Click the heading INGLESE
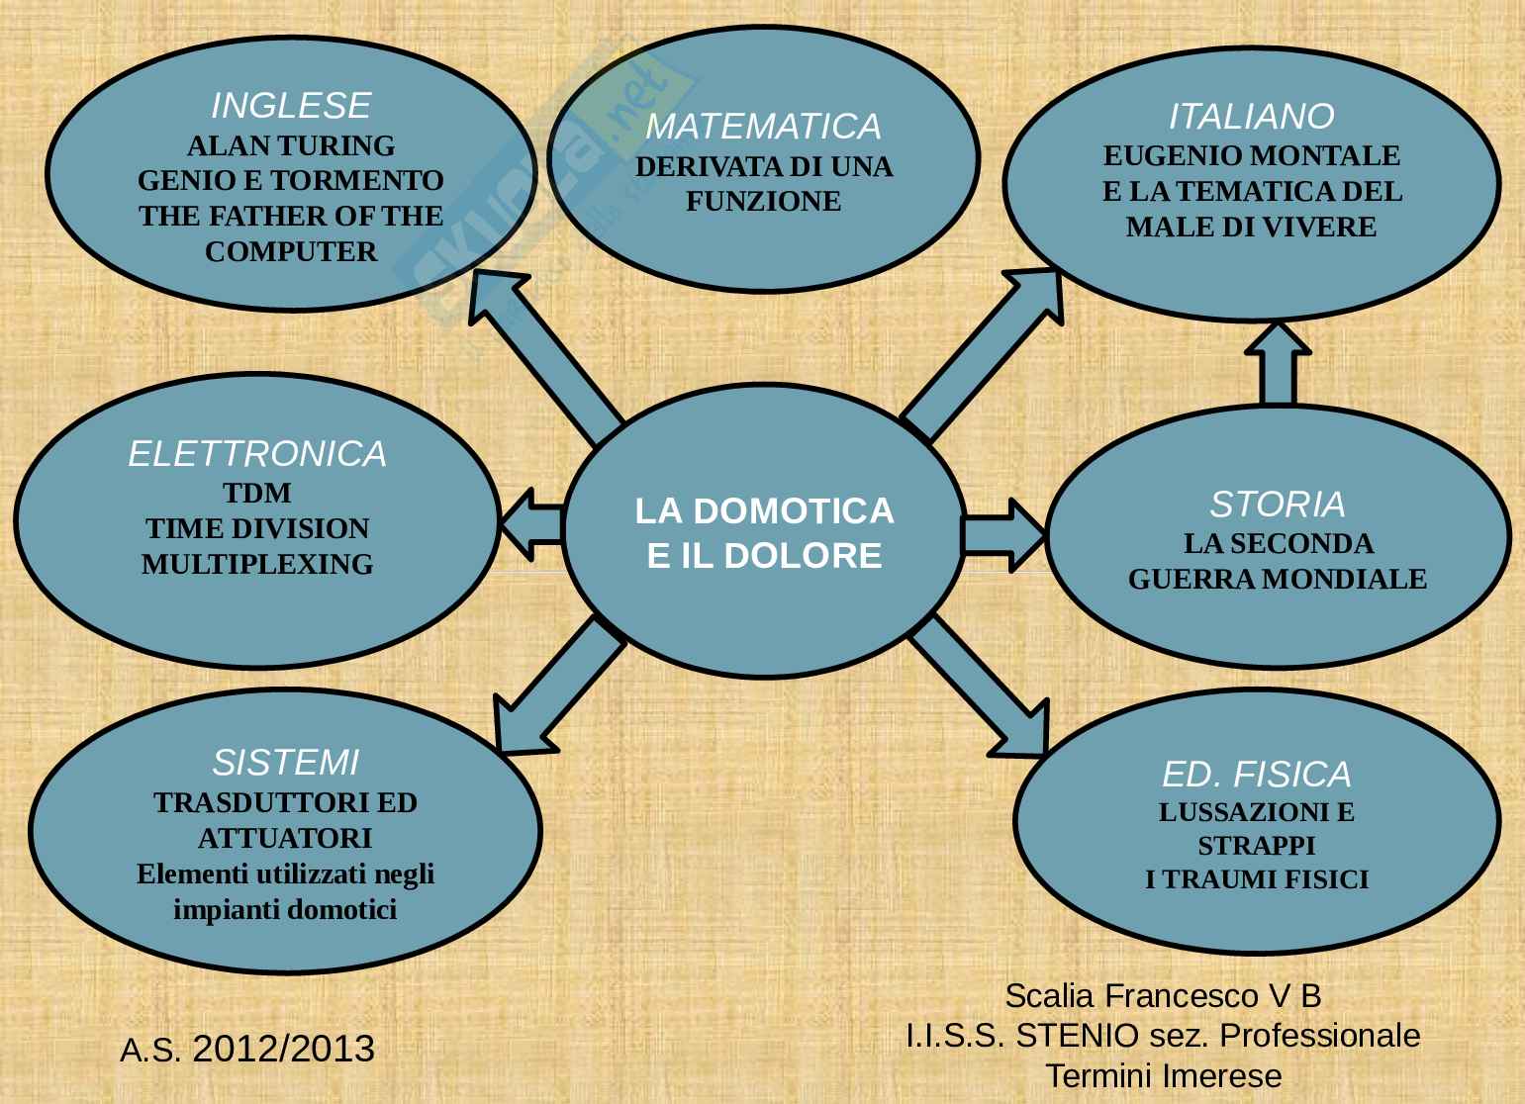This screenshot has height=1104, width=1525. [291, 105]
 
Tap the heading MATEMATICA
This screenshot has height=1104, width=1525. [763, 127]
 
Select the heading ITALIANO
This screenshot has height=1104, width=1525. [1252, 117]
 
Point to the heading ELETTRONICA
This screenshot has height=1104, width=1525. [257, 454]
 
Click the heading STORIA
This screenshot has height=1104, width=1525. [1278, 505]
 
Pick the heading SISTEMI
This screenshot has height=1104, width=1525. [285, 763]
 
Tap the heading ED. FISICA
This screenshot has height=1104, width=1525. [1257, 774]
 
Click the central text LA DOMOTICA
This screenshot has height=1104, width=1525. [764, 511]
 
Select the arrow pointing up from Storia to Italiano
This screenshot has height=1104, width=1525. [1278, 364]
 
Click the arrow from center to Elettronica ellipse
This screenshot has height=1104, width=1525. [532, 523]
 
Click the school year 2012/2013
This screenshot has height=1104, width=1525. [284, 1049]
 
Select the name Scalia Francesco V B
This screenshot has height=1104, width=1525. [1163, 995]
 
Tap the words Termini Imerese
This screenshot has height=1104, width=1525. [1163, 1075]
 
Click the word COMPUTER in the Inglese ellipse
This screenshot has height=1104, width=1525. [291, 252]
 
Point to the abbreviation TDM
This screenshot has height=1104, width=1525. [257, 493]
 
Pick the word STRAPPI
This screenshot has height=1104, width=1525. [1257, 846]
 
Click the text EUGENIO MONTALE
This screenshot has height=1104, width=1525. [1252, 156]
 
